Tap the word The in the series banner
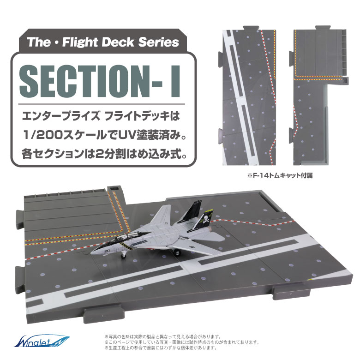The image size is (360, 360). coord(40,42)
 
